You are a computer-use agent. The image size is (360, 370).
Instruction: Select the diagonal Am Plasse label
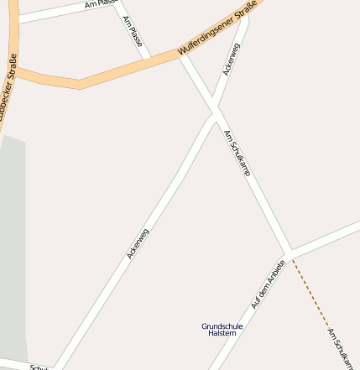click(133, 31)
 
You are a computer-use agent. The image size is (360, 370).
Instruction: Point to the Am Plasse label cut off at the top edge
click(102, 4)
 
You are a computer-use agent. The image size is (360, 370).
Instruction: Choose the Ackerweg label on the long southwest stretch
click(138, 242)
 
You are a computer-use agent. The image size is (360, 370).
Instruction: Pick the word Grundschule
click(222, 326)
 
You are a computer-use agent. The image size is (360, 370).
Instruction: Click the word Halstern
click(222, 333)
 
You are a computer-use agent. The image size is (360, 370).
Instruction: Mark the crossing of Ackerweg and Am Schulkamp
click(214, 110)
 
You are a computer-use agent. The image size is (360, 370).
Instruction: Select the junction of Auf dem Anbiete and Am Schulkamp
click(289, 252)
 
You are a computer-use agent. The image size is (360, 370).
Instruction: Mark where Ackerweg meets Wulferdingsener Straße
click(243, 18)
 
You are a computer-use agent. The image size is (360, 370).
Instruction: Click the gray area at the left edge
click(12, 252)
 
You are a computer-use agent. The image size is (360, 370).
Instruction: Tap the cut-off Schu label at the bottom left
click(39, 367)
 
